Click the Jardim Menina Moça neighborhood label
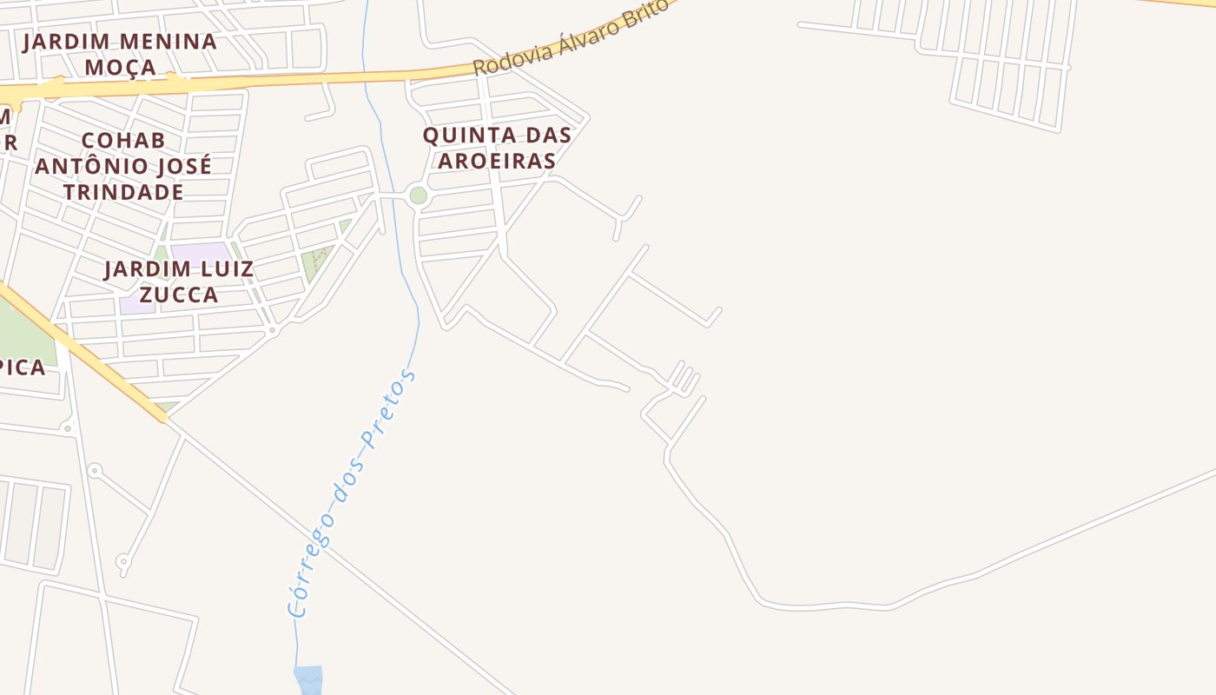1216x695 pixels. [x=120, y=54]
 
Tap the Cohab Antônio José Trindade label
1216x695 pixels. [x=122, y=166]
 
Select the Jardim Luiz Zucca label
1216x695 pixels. [x=179, y=281]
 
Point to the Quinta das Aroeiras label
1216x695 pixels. [x=497, y=148]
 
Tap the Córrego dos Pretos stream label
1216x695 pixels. [x=352, y=494]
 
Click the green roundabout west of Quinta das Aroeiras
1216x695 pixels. [x=418, y=195]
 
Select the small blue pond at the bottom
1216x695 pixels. [x=308, y=678]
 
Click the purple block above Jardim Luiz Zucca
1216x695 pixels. [x=200, y=252]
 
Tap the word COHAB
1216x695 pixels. [x=122, y=141]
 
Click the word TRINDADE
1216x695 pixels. [x=122, y=192]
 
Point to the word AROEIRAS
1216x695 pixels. [x=497, y=161]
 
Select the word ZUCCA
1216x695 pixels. [x=179, y=295]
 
